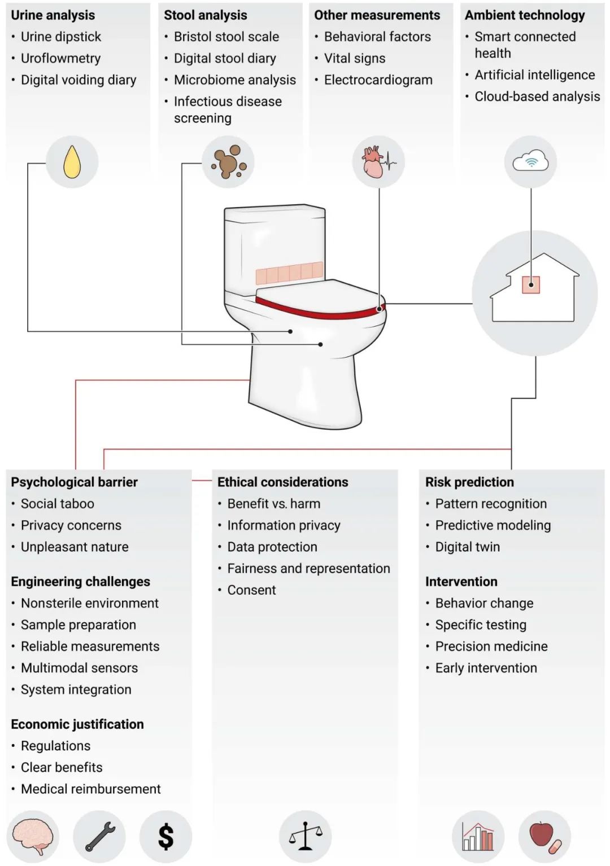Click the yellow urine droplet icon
(x=72, y=162)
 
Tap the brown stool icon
(x=228, y=162)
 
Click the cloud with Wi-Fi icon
(x=530, y=162)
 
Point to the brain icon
(x=33, y=836)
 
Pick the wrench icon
(x=100, y=836)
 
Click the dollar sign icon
(x=166, y=836)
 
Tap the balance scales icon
(x=305, y=836)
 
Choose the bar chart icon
(x=478, y=836)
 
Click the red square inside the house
(x=531, y=285)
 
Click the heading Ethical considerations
(x=282, y=482)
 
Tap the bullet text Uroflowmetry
(x=60, y=58)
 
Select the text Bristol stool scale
(x=226, y=37)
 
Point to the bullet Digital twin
(x=467, y=547)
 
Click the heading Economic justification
(x=77, y=724)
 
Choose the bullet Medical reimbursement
(x=90, y=789)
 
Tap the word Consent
(x=251, y=590)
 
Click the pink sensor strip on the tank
(x=289, y=274)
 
